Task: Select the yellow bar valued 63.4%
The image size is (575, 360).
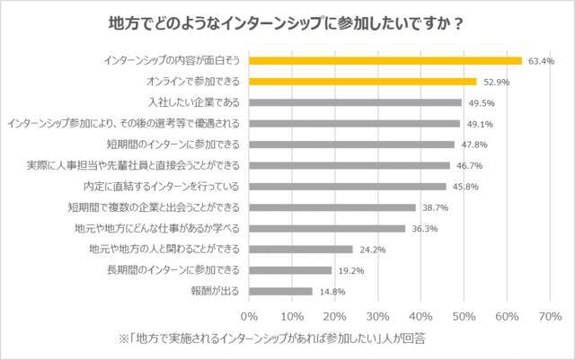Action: tap(385, 61)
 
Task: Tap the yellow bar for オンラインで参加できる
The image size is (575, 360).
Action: tap(363, 82)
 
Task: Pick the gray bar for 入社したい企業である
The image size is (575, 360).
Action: tap(356, 102)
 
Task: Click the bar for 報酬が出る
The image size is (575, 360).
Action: tap(281, 291)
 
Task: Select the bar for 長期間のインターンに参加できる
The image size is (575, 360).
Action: tap(291, 269)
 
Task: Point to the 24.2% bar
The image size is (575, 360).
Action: tap(302, 249)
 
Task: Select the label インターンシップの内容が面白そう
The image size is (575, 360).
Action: tap(172, 61)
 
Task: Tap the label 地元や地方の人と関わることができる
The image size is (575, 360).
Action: tap(164, 249)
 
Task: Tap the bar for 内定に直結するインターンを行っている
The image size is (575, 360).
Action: tap(348, 187)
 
